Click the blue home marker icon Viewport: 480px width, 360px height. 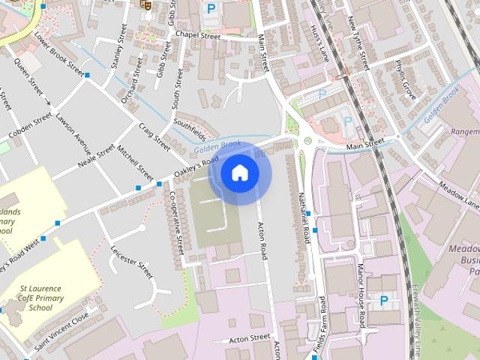[x=239, y=173]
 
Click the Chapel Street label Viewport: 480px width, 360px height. [x=197, y=35]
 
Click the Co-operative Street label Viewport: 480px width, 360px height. [x=178, y=221]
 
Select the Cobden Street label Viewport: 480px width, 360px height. [x=29, y=126]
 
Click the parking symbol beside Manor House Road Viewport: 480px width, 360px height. [x=384, y=301]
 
